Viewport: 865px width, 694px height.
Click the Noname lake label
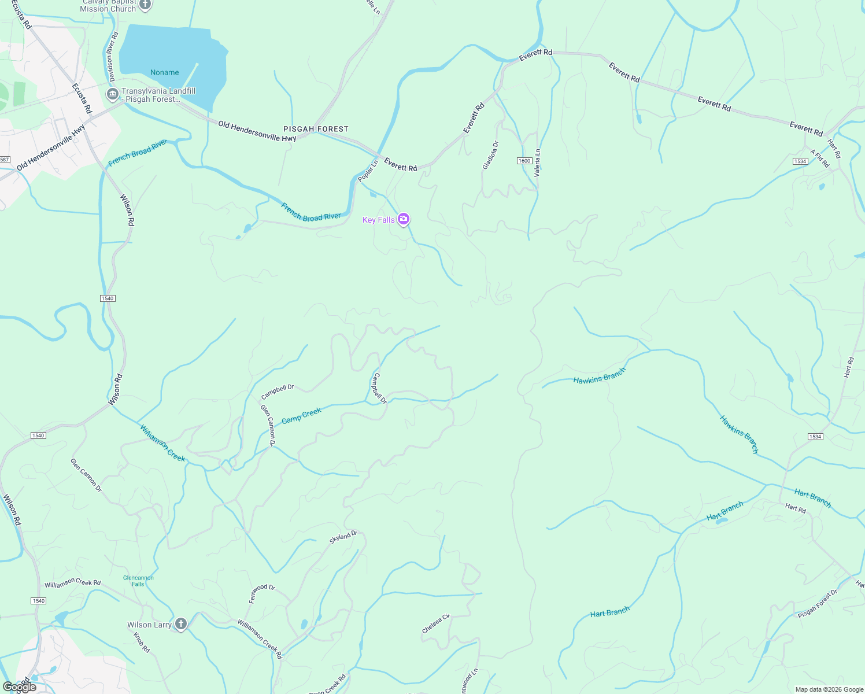coord(165,72)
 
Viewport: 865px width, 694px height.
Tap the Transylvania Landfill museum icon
coord(113,94)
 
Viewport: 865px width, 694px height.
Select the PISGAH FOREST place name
coord(316,129)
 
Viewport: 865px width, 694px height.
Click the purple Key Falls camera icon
coord(404,219)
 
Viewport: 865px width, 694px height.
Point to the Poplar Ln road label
coord(368,171)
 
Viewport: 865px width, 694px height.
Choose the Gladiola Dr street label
coord(490,155)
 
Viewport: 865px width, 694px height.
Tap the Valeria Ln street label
coord(537,163)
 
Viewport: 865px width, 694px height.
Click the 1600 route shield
coord(524,161)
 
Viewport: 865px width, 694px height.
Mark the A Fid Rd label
coord(820,158)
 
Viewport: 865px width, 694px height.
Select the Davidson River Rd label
coord(112,56)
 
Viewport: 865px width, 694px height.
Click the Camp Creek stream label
coord(301,416)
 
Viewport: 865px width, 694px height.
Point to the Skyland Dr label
coord(343,537)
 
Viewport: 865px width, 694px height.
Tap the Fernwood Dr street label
coord(262,594)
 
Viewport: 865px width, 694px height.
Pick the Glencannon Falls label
coord(138,581)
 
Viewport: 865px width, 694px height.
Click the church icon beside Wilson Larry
coord(181,624)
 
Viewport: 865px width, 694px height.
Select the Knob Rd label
coord(142,643)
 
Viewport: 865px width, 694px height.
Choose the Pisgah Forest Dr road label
coord(818,604)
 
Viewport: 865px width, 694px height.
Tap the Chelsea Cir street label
coord(436,623)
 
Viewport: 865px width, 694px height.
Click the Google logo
coord(20,687)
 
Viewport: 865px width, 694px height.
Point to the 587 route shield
coord(5,160)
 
